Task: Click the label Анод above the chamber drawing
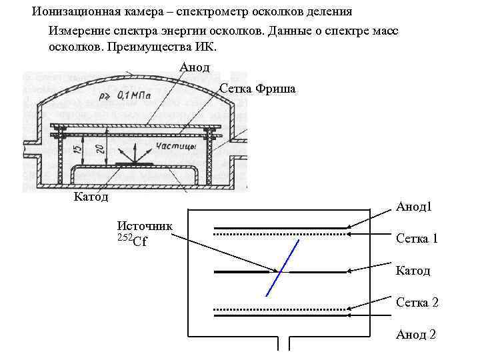[x=195, y=67]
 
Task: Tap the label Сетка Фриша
[x=257, y=89]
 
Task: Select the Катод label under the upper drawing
[x=91, y=197]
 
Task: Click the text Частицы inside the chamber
[x=175, y=145]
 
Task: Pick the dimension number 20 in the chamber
[x=99, y=151]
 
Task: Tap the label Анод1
[x=413, y=207]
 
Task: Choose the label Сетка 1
[x=417, y=238]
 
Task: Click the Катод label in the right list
[x=413, y=271]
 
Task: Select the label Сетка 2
[x=417, y=303]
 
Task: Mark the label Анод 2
[x=415, y=334]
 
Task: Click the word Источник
[x=145, y=226]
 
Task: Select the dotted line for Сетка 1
[x=280, y=235]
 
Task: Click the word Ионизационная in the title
[x=73, y=11]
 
